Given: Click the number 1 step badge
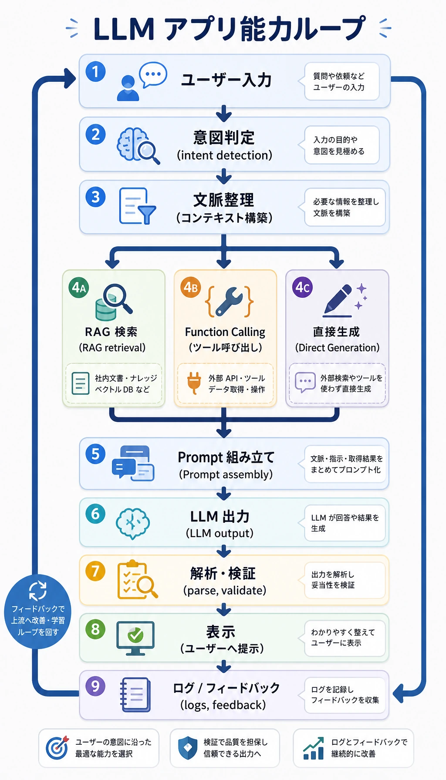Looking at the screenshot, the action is pyautogui.click(x=95, y=72).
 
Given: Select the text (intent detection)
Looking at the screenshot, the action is pyautogui.click(x=224, y=155).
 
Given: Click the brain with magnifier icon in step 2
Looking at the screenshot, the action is pyautogui.click(x=138, y=146).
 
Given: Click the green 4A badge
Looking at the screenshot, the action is pyautogui.click(x=79, y=287).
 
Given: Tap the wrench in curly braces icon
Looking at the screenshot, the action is pyautogui.click(x=230, y=301).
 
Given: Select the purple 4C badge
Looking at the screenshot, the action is pyautogui.click(x=303, y=287).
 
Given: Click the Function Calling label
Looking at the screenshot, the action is pyautogui.click(x=225, y=332).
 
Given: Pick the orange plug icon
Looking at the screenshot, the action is pyautogui.click(x=194, y=383).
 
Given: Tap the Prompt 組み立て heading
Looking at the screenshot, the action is pyautogui.click(x=226, y=457).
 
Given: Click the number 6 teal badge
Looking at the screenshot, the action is pyautogui.click(x=95, y=514).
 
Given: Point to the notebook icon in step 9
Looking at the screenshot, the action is pyautogui.click(x=135, y=695).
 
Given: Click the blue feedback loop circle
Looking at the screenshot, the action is pyautogui.click(x=37, y=612).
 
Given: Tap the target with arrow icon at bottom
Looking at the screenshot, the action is pyautogui.click(x=57, y=748).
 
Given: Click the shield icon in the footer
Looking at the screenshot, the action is pyautogui.click(x=188, y=748).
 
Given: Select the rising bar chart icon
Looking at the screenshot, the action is pyautogui.click(x=314, y=748).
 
